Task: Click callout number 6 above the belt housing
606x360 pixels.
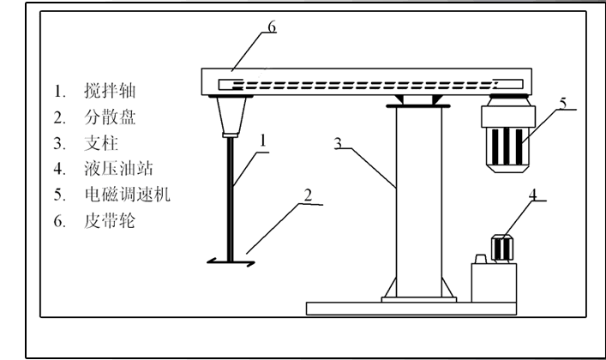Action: point(272,27)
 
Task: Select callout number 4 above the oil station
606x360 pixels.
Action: point(532,195)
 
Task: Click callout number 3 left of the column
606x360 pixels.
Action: point(339,144)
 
